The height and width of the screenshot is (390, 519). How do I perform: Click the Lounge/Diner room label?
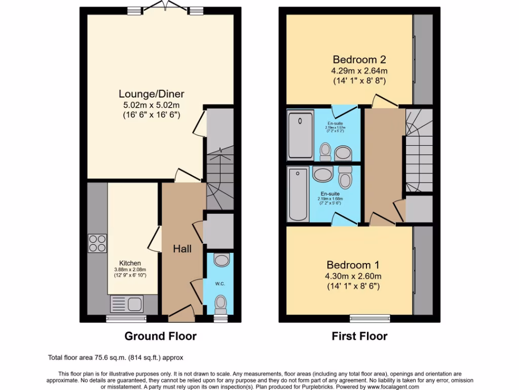[x=152, y=94]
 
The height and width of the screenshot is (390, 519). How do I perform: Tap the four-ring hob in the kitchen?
[x=97, y=243]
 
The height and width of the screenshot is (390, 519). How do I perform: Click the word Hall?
[x=182, y=249]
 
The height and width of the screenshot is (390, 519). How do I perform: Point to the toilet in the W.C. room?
[x=220, y=304]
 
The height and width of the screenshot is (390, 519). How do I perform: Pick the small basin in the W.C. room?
[x=221, y=261]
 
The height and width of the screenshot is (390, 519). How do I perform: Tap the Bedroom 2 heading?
[x=360, y=59]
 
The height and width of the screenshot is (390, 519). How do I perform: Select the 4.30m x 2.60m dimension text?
[x=353, y=276]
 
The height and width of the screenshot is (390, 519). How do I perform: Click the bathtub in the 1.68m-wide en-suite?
[x=298, y=194]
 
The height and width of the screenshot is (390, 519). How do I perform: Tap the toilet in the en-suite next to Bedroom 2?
[x=325, y=150]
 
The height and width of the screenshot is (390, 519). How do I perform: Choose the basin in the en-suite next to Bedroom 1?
[x=323, y=175]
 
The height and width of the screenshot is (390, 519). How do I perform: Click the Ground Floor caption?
[x=160, y=336]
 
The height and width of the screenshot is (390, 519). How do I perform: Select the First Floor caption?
[x=359, y=336]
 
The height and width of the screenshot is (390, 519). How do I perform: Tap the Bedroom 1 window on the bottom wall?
[x=370, y=318]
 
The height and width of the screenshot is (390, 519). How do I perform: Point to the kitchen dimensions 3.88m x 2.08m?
[x=130, y=270]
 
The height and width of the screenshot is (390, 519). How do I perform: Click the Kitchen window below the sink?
[x=126, y=318]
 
